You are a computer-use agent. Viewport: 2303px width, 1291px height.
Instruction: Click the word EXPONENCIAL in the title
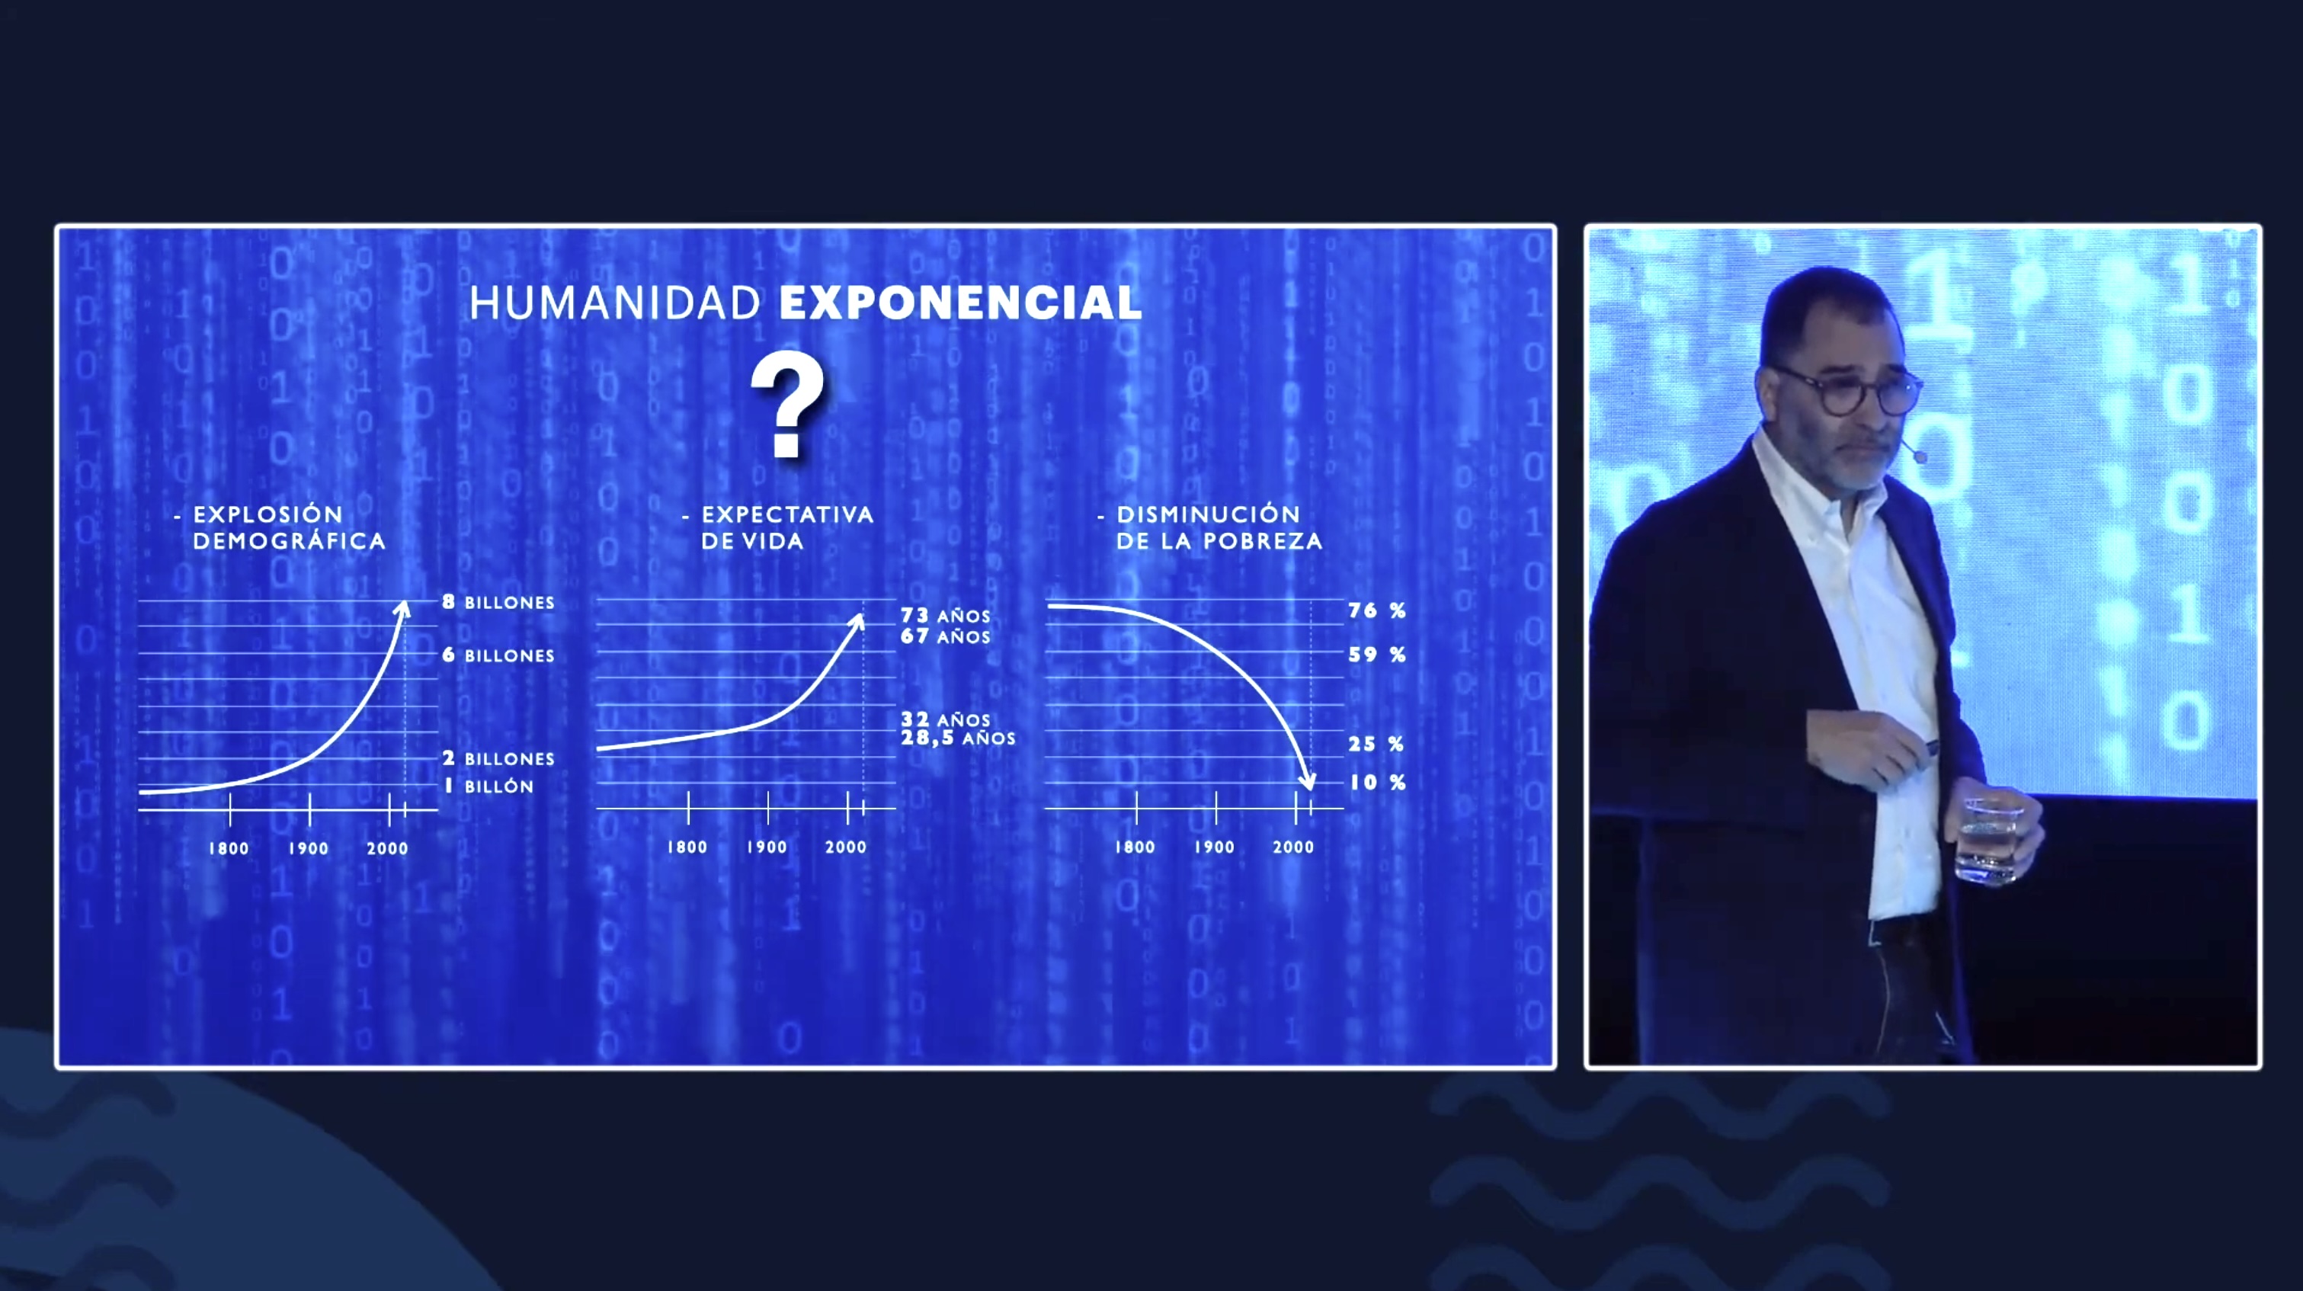point(960,303)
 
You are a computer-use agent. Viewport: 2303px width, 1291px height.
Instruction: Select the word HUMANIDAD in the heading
point(615,303)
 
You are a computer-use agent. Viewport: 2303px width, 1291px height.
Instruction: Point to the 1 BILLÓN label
point(489,786)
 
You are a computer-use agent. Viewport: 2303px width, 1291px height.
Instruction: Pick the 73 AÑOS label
point(945,615)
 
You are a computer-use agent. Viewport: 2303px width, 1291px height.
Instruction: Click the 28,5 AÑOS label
point(957,738)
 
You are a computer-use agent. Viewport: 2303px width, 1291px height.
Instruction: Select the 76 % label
point(1377,610)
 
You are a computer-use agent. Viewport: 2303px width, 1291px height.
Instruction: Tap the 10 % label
point(1377,782)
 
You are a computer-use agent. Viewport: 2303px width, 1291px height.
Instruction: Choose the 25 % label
point(1377,744)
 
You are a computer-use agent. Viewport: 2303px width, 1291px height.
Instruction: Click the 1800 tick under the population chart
point(229,848)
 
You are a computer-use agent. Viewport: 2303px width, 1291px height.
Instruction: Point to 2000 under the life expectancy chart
point(846,847)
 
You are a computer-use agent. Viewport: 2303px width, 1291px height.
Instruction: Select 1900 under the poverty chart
point(1214,847)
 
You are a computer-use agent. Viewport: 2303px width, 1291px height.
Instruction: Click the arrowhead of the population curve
point(403,610)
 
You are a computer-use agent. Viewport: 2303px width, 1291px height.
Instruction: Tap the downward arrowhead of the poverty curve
point(1308,783)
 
